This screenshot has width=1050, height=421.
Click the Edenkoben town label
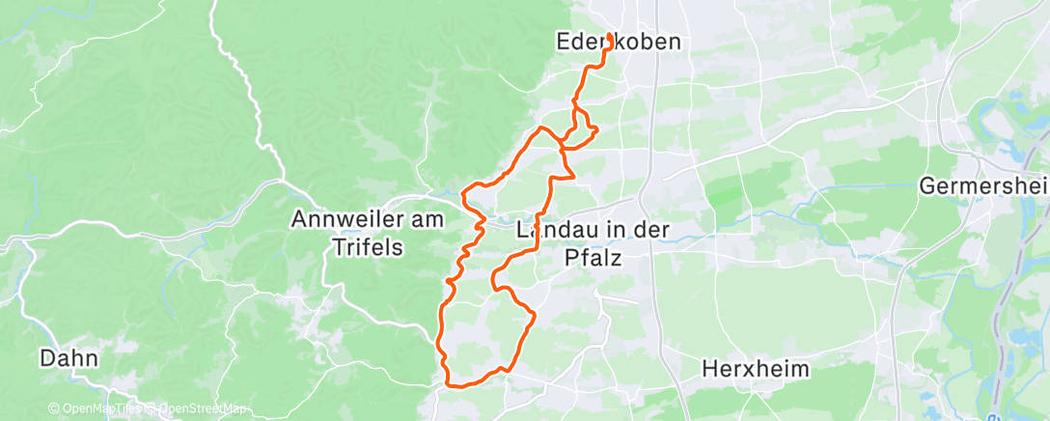tap(619, 42)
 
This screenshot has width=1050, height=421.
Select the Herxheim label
tap(756, 369)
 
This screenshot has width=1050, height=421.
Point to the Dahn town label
tap(69, 358)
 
